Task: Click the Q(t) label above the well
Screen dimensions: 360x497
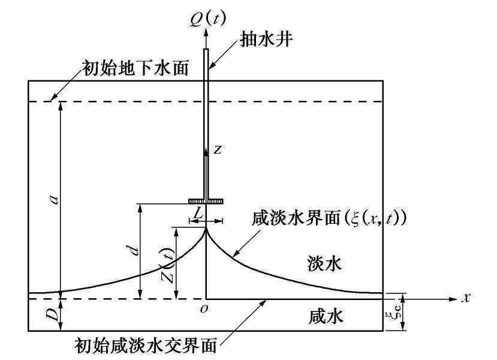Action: [207, 17]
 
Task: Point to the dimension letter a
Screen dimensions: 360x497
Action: [53, 199]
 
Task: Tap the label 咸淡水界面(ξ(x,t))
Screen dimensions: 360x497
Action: [329, 218]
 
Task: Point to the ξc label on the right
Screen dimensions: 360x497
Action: [393, 313]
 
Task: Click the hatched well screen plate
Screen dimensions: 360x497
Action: [206, 201]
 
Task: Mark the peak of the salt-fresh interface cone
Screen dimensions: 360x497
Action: [206, 227]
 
